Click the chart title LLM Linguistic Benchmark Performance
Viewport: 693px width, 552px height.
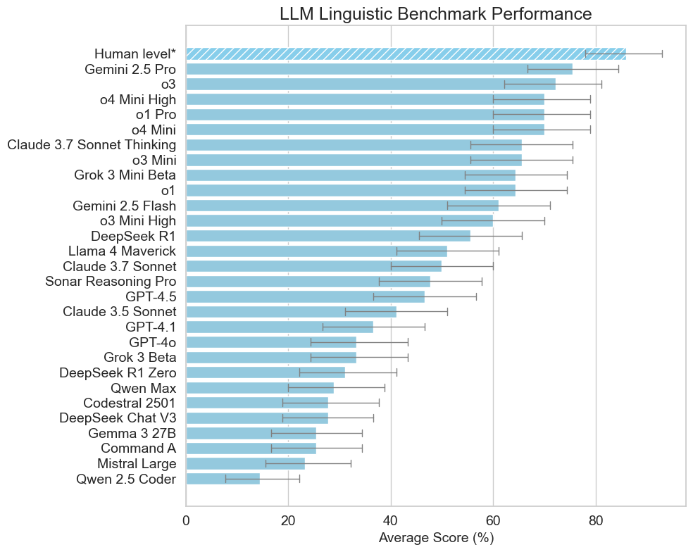[435, 13]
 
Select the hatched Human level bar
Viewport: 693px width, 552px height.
[405, 54]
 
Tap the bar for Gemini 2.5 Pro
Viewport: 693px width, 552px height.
[379, 69]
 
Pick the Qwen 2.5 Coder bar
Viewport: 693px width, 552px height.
[223, 479]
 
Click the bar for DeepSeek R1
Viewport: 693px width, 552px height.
[327, 236]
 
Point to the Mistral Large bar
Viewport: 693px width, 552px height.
[245, 463]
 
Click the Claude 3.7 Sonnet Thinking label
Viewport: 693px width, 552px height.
[92, 145]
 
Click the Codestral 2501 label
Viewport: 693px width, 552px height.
[130, 403]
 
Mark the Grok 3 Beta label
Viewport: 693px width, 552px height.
[139, 358]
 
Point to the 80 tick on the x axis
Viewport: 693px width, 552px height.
[596, 522]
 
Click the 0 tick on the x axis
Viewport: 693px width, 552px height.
[186, 522]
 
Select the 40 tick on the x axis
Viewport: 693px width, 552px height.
[391, 522]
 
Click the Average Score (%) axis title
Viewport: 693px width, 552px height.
[435, 538]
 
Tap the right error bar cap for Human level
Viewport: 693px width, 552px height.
[662, 54]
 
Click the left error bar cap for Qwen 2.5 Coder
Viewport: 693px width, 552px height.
[225, 479]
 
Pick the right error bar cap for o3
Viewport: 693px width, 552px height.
[601, 84]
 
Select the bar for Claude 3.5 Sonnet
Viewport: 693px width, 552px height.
[291, 312]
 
